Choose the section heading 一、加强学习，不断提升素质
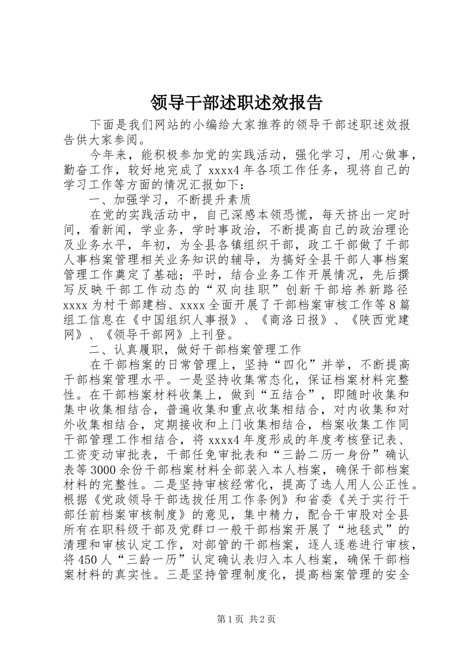pos(170,200)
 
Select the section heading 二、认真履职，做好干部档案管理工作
pos(195,350)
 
